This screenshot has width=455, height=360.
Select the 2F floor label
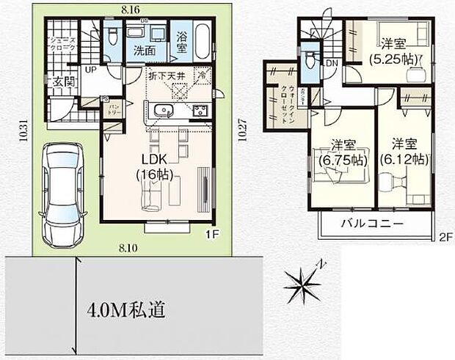446,237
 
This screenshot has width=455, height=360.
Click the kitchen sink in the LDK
161,111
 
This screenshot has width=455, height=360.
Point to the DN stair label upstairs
332,64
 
